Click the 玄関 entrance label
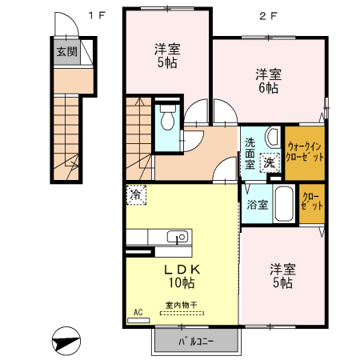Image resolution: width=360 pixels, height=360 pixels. tap(66, 52)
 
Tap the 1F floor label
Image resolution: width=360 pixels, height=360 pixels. tap(96, 14)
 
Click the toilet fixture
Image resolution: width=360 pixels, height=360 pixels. tap(166, 120)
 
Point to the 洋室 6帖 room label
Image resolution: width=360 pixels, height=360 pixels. tap(267, 81)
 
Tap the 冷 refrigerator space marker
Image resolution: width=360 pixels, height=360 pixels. tap(137, 194)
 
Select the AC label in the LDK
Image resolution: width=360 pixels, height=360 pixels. tap(138, 313)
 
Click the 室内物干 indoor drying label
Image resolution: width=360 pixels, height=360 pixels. tap(181, 305)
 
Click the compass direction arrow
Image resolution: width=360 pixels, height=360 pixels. tap(65, 341)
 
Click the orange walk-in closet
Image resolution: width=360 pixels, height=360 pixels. tap(304, 152)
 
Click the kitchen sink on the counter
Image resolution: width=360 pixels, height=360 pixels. tap(178, 237)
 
